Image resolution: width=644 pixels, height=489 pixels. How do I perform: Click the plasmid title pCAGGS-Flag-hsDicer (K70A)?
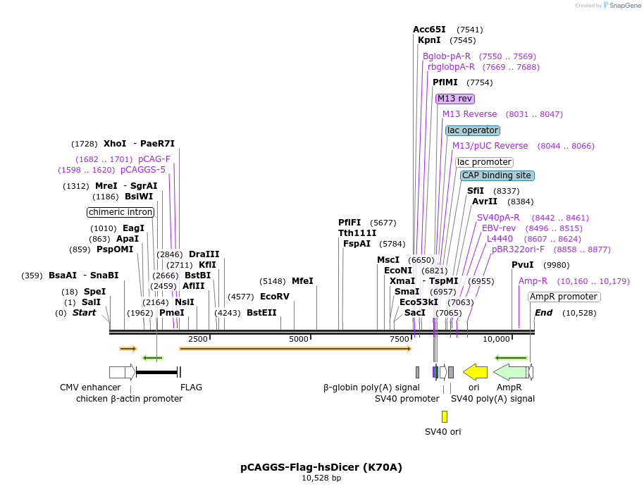pyautogui.click(x=321, y=466)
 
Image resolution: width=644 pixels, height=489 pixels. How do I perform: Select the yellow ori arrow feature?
pyautogui.click(x=476, y=371)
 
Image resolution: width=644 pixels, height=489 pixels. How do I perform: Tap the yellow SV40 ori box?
pyautogui.click(x=445, y=416)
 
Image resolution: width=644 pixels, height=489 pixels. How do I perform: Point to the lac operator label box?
pyautogui.click(x=473, y=130)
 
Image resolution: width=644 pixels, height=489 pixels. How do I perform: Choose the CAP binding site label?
pyautogui.click(x=497, y=175)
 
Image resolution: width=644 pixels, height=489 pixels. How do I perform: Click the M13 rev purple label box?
pyautogui.click(x=454, y=99)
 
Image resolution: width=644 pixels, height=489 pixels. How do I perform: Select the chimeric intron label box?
pyautogui.click(x=120, y=212)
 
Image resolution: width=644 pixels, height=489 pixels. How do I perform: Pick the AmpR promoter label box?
pyautogui.click(x=564, y=297)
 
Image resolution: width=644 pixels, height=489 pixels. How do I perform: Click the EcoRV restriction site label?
pyautogui.click(x=275, y=297)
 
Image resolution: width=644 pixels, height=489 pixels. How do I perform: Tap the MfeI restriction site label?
pyautogui.click(x=302, y=281)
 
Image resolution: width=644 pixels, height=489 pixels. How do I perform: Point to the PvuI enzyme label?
pyautogui.click(x=522, y=265)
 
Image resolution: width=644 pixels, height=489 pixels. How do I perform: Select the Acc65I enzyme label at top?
pyautogui.click(x=429, y=30)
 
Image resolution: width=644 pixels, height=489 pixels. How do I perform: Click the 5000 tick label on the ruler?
pyautogui.click(x=299, y=339)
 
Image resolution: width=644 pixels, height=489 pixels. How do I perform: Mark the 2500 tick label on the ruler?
pyautogui.click(x=198, y=339)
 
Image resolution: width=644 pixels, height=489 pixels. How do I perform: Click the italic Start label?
pyautogui.click(x=84, y=313)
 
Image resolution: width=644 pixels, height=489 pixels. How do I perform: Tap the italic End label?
pyautogui.click(x=543, y=313)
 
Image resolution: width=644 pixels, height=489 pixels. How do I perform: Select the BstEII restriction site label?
pyautogui.click(x=261, y=313)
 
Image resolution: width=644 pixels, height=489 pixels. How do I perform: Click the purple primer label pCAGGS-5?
pyautogui.click(x=143, y=170)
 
